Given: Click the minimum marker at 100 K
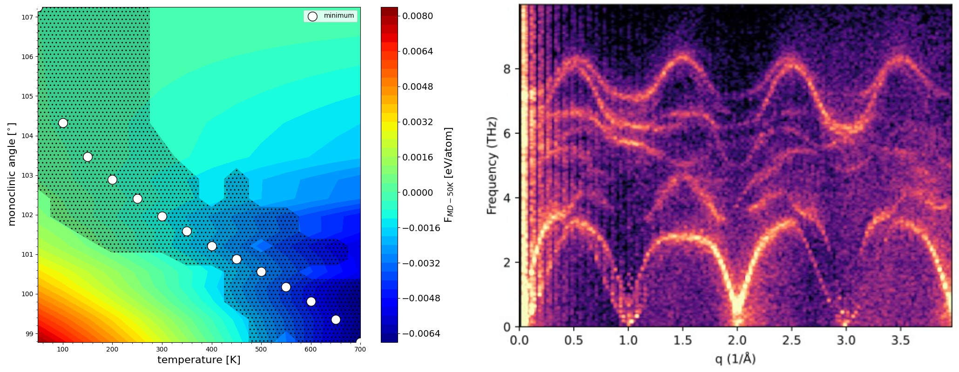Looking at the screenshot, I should pos(63,123).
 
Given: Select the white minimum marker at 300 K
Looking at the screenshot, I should pos(162,216).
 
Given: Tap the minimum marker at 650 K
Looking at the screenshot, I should pos(336,319).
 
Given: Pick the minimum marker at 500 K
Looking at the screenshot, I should pos(261,272).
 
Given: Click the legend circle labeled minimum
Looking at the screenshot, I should pos(312,16).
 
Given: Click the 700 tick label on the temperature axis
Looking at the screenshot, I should pos(360,349).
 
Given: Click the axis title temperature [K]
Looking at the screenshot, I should pos(199,360).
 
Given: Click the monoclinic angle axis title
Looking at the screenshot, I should pos(12,174).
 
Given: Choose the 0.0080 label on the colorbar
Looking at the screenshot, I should pos(418,16).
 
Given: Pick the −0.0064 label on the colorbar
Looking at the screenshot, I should pos(421,334).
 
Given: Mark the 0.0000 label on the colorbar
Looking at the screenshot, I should pos(418,193).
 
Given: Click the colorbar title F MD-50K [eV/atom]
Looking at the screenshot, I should pos(448,174).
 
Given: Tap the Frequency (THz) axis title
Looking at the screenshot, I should pos(492,165).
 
